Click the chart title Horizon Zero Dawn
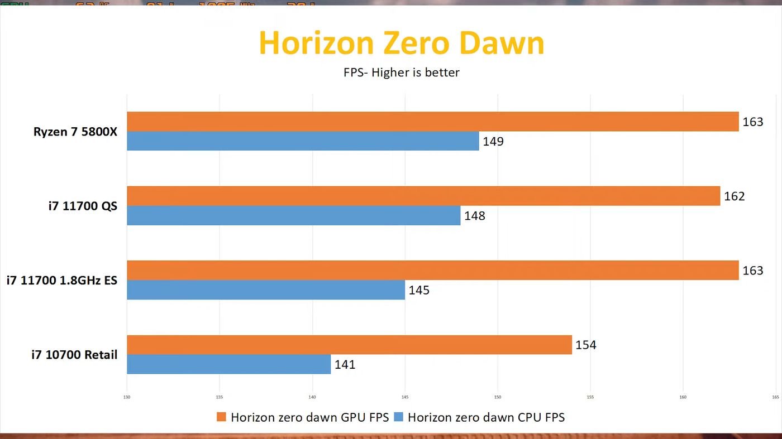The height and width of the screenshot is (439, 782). point(401,43)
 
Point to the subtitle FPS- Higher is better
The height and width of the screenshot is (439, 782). point(401,72)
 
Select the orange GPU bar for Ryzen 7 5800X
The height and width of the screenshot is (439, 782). point(432,122)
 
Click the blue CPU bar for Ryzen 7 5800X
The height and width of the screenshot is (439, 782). point(303,141)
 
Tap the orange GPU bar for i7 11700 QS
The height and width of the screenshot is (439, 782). point(423,196)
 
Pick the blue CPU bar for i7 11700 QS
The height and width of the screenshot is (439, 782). point(293,215)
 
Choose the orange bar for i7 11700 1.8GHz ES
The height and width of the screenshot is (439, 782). point(432,270)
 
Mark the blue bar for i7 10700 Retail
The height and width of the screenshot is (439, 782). point(228,364)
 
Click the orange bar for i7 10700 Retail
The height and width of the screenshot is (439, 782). point(349,345)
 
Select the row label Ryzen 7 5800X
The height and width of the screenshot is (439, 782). point(75,132)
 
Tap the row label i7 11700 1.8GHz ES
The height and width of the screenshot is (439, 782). point(62,280)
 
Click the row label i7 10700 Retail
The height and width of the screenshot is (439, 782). point(74,354)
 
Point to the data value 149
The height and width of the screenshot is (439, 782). point(493,142)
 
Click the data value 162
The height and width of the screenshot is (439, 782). point(734,196)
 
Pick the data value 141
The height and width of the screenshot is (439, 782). point(345,365)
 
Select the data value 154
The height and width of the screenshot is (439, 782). point(586,345)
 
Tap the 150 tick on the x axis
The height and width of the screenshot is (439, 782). point(497,398)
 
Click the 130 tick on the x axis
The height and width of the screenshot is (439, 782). point(127,398)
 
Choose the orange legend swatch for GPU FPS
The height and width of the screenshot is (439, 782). point(221,417)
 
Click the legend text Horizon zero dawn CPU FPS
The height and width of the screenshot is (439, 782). point(486,417)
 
